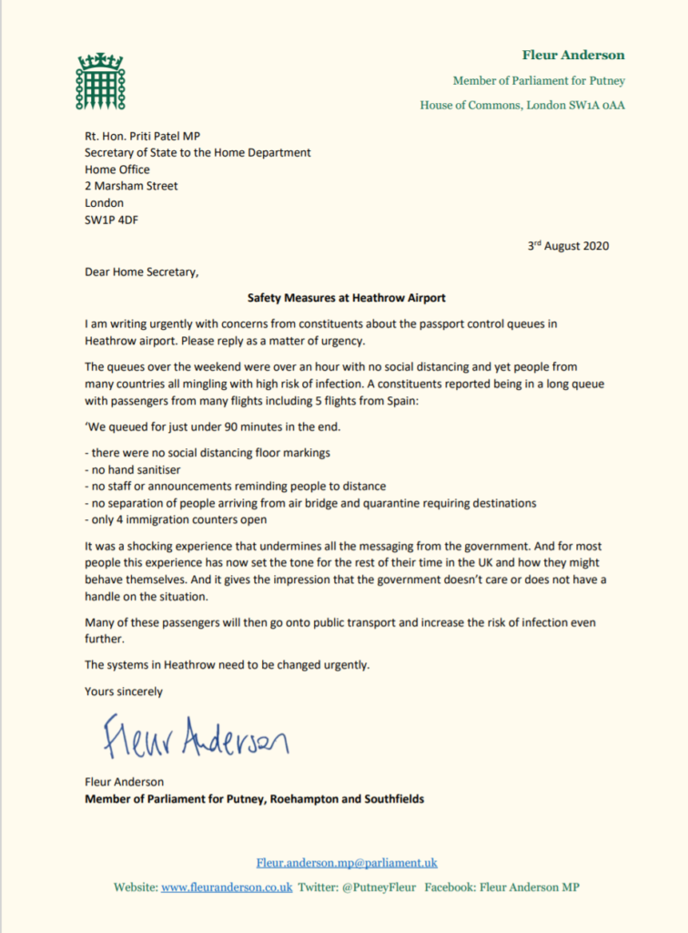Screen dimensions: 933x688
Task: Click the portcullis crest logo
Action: click(x=100, y=82)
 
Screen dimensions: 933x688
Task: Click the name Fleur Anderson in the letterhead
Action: click(x=573, y=55)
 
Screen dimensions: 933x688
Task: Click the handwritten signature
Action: click(x=196, y=737)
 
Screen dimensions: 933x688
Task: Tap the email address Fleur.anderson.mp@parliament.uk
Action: click(x=347, y=862)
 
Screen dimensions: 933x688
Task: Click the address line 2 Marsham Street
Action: click(x=131, y=186)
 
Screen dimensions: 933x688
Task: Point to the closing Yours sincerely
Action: click(x=124, y=692)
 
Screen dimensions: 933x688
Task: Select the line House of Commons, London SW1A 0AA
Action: click(x=522, y=105)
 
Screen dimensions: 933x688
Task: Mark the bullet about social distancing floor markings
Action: click(x=207, y=453)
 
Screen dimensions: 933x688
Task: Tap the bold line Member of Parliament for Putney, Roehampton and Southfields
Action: click(x=254, y=799)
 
